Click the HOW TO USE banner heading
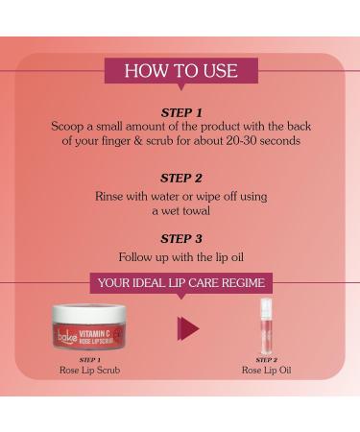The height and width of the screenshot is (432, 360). (181, 71)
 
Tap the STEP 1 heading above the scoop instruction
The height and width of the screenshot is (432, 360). (181, 112)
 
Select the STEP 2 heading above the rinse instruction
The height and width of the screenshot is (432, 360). (181, 179)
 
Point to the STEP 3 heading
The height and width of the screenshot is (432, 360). (181, 238)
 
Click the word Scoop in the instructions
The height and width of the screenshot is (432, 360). (67, 127)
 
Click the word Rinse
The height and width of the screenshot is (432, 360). (108, 196)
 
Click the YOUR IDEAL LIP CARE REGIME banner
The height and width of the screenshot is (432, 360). (181, 283)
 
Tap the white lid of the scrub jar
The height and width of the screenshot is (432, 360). (89, 313)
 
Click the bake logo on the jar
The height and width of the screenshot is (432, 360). (67, 338)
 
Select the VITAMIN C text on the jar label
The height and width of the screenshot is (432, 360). (95, 334)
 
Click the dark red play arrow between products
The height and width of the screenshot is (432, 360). (188, 328)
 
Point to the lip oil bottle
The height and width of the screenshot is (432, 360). (266, 324)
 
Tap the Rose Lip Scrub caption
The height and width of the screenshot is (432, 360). (89, 371)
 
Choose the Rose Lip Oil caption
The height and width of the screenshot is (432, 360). (267, 371)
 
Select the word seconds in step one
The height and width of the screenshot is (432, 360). (280, 141)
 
